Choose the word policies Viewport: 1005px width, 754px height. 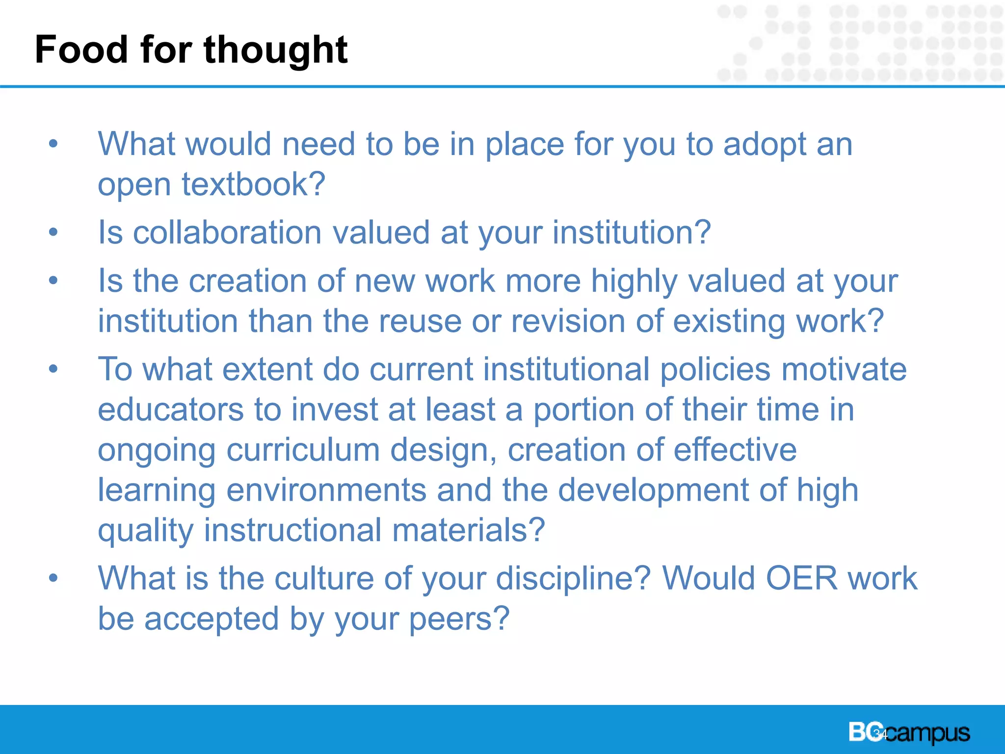(715, 369)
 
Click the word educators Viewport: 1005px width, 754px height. (170, 409)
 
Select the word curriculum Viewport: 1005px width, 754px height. (303, 450)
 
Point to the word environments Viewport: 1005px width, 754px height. (326, 490)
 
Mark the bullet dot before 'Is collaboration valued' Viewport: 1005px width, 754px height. (53, 232)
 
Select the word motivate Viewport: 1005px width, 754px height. (844, 369)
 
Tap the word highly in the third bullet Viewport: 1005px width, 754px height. (634, 282)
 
